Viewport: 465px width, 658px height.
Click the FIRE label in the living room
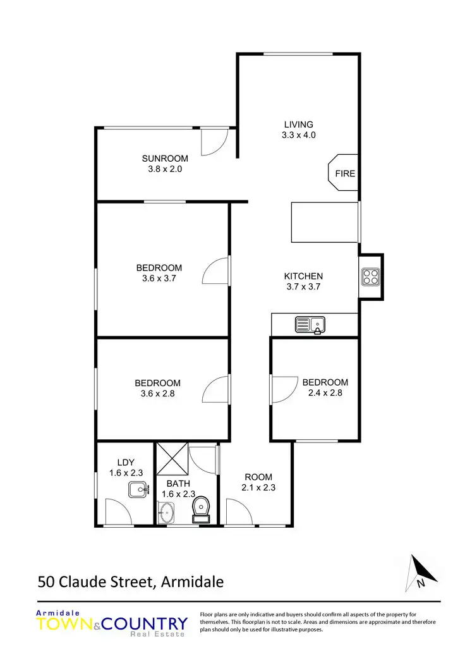345,173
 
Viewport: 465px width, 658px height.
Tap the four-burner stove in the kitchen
369,276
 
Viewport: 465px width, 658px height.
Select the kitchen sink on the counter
310,325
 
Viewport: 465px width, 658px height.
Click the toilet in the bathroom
202,509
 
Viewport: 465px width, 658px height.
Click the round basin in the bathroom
166,513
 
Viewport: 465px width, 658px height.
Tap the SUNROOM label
166,158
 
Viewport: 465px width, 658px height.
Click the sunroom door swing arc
213,143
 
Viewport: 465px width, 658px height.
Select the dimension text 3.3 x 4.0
298,135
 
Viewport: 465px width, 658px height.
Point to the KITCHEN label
303,276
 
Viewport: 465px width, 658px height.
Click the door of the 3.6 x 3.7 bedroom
217,272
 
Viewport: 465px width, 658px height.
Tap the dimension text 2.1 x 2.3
258,487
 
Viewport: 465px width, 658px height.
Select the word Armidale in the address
193,581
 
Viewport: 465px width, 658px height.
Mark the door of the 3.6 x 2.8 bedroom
217,389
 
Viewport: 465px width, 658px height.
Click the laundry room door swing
118,513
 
